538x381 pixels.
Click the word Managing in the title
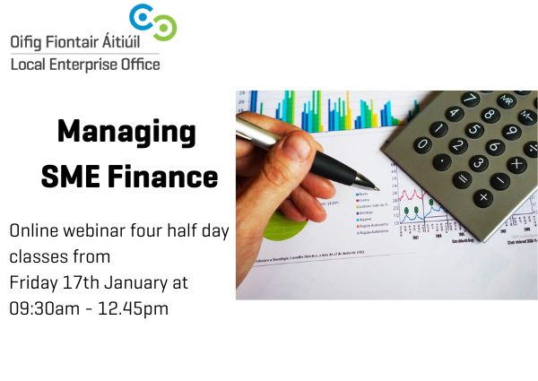click(126, 133)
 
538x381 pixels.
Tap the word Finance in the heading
click(164, 176)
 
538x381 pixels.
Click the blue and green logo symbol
click(152, 22)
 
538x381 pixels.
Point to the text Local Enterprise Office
click(85, 65)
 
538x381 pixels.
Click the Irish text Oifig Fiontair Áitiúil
click(85, 41)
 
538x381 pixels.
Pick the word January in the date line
click(131, 281)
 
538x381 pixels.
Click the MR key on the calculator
click(508, 100)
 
